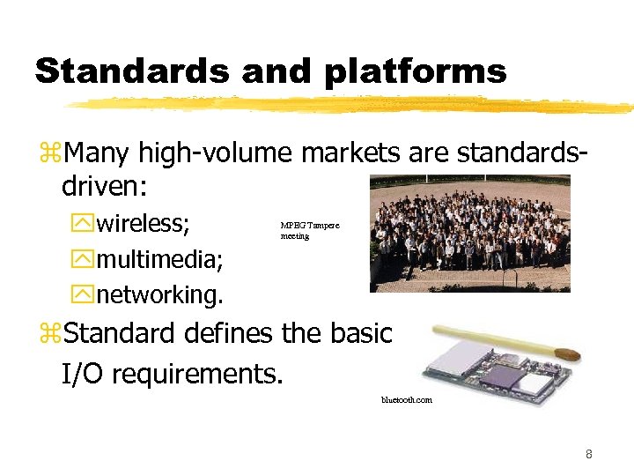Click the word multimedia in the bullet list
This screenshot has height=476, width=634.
click(x=159, y=260)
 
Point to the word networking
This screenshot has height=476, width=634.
click(x=159, y=294)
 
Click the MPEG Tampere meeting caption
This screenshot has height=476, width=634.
click(x=309, y=231)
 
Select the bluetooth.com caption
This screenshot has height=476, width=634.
click(x=406, y=400)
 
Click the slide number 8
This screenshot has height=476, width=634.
click(x=588, y=455)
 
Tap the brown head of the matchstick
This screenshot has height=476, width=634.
click(x=571, y=355)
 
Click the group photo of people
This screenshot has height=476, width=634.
click(x=469, y=233)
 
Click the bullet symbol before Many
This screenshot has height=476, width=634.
click(x=48, y=155)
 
